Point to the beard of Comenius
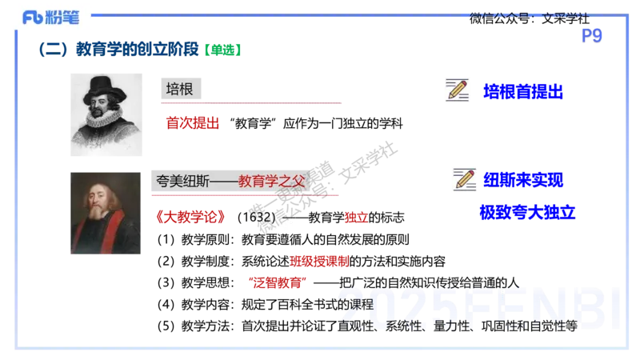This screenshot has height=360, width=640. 98,214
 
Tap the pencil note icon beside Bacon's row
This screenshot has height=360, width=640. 458,92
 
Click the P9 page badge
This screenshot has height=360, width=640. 593,34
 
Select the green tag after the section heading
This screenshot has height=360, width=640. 223,50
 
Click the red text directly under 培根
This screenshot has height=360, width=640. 192,123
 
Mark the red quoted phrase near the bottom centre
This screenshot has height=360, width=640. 278,281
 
